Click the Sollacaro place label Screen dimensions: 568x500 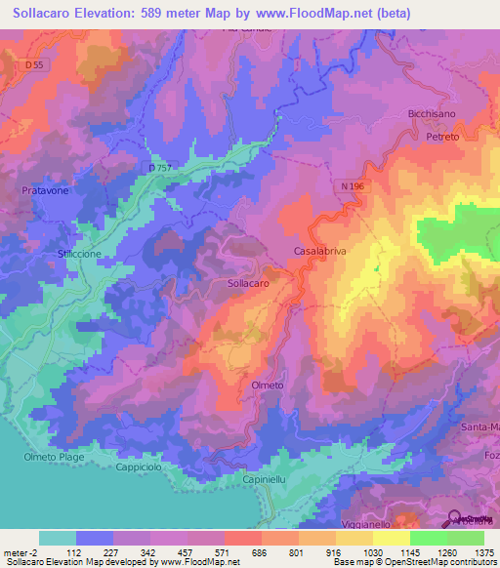[x=248, y=282]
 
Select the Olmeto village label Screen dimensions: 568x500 [x=266, y=385]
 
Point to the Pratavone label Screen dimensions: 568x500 [x=44, y=190]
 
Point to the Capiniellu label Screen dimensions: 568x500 [x=267, y=480]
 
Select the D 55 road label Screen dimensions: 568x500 [x=35, y=64]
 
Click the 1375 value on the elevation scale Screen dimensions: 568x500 [x=485, y=550]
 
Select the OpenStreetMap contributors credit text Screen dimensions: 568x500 [x=435, y=562]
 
